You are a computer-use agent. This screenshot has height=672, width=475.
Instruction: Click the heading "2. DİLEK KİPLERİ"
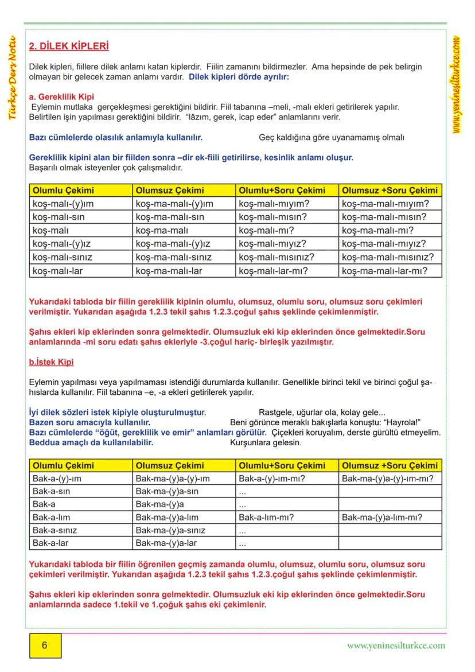coord(69,46)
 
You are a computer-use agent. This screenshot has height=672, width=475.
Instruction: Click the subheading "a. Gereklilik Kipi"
coord(61,97)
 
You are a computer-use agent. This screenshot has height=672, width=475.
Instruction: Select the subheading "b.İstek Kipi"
coord(51,362)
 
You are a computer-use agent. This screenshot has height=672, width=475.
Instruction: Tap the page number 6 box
coord(45,645)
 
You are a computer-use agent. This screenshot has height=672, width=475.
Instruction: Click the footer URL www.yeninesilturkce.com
coord(396,645)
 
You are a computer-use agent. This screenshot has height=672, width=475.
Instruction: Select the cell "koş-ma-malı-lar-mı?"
coord(384,271)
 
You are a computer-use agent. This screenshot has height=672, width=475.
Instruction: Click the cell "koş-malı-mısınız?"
coord(277,258)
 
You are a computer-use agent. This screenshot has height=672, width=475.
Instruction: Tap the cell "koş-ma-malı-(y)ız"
coord(173,244)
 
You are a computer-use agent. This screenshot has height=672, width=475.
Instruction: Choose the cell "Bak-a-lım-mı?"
coord(266,517)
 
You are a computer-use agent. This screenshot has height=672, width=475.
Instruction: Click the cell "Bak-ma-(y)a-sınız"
coord(170,530)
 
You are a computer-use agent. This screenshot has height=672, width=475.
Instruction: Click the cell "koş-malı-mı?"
coord(266,231)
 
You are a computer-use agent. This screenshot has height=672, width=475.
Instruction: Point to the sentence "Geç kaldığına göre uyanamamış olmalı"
coord(332,138)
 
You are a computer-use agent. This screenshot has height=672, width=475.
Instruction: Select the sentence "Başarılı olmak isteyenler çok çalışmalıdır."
coord(106,168)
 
